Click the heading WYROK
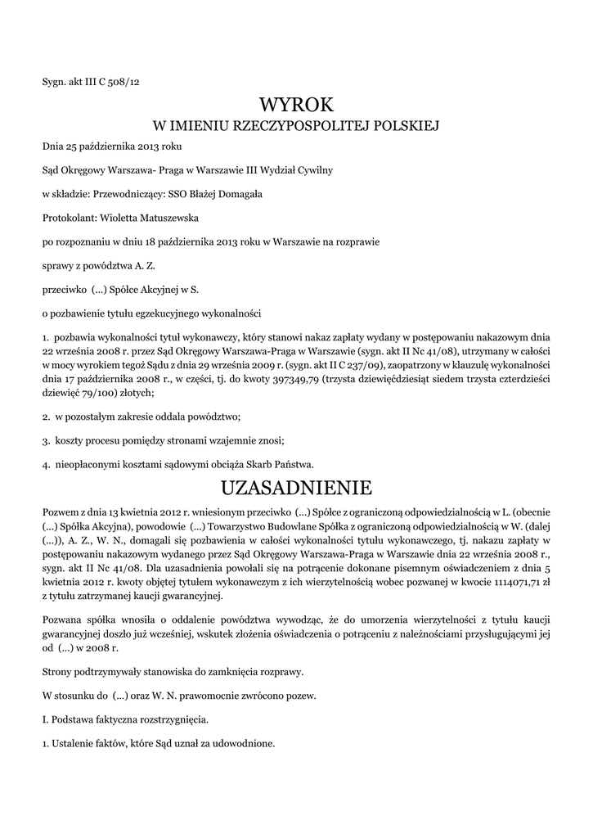pos(296,104)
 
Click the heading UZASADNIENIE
pos(296,489)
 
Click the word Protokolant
pos(69,219)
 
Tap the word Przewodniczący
pos(130,194)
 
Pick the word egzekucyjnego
pos(155,313)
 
